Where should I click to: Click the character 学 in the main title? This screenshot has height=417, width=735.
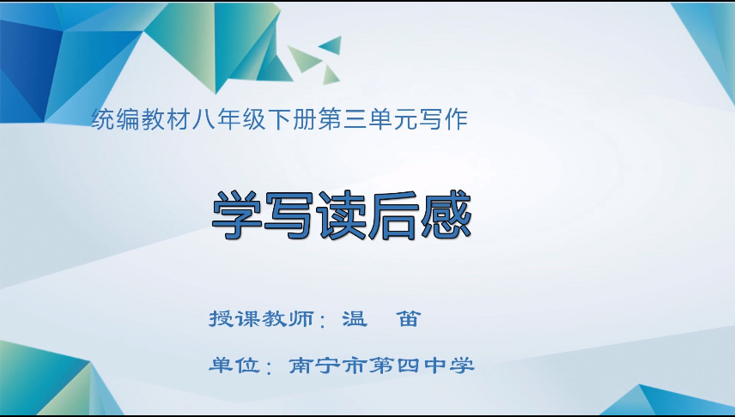[237, 215]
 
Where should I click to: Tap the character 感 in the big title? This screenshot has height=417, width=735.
[446, 215]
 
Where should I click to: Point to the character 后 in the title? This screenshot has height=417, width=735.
[393, 215]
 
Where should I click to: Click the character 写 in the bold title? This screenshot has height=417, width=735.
[289, 215]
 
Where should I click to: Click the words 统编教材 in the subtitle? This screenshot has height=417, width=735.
[140, 119]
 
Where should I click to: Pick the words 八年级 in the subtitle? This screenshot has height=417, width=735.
[228, 119]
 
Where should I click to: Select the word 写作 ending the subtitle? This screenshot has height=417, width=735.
[443, 119]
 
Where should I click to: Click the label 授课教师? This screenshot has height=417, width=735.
[261, 318]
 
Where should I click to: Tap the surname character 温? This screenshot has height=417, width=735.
[354, 318]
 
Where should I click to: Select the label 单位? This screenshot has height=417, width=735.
[234, 366]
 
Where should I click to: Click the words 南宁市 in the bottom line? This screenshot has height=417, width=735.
[328, 366]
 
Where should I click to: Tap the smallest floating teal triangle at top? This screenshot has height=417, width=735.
[331, 76]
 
